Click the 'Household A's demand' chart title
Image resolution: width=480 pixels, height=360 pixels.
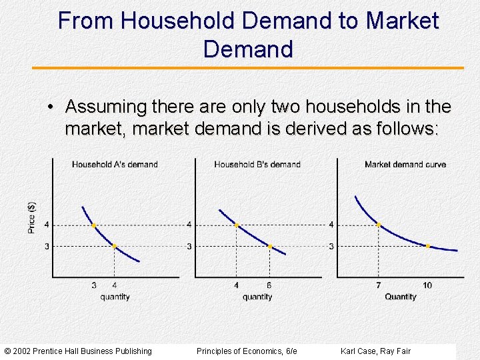point(115,165)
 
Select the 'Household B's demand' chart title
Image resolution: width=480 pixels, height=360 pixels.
point(257,165)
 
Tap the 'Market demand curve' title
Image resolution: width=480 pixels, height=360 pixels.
point(405,165)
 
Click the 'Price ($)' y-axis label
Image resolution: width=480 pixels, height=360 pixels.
point(32,217)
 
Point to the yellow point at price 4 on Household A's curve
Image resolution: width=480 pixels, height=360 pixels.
point(93,225)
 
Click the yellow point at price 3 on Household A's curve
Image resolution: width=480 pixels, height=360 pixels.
point(114,246)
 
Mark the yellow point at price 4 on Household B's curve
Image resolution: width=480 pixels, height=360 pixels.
point(236,225)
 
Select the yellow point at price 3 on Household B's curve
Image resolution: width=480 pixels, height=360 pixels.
point(269,247)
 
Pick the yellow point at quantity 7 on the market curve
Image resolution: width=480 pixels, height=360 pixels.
point(379,225)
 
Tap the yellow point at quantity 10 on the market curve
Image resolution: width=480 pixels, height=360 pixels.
point(427,246)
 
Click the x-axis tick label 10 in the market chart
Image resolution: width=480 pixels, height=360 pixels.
point(427,285)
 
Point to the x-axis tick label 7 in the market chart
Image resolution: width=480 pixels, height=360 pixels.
point(378,285)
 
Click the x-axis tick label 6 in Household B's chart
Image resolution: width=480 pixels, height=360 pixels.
point(269,285)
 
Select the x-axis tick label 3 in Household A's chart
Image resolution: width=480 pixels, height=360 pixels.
point(93,285)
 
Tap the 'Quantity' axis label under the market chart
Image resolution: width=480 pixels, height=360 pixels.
point(400,297)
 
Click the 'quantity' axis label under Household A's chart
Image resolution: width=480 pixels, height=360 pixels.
point(115,297)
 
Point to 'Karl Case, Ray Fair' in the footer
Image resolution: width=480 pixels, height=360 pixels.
point(375,351)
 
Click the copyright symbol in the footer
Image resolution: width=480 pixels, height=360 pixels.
point(7,351)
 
